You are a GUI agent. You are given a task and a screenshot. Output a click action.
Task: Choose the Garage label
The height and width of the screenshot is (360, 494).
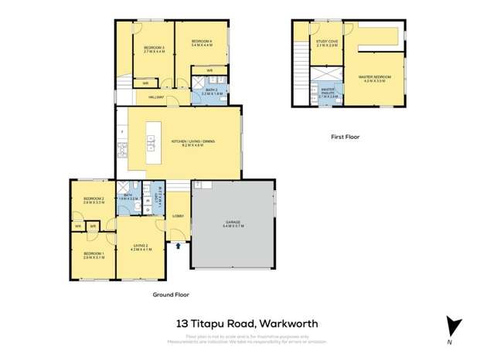coord(233,224)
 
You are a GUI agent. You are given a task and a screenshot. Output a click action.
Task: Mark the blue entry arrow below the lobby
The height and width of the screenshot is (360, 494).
coord(181,246)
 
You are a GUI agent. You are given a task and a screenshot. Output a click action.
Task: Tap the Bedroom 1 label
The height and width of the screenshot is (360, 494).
coord(94,256)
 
